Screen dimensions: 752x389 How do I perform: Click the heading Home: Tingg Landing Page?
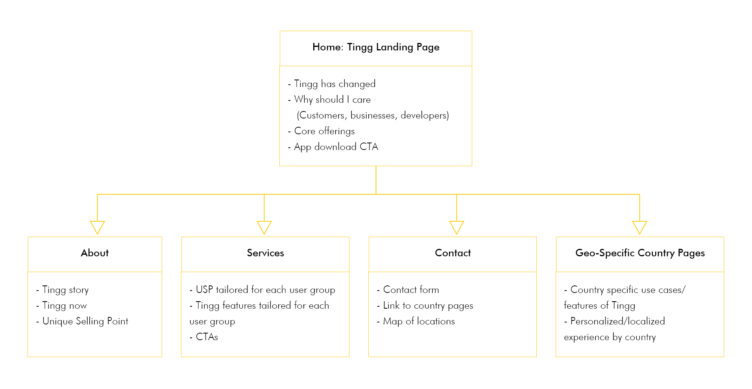tap(376, 47)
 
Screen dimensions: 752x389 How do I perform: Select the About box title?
tap(95, 253)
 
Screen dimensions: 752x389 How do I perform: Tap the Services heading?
tap(265, 253)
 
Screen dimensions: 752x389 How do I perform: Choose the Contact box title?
tap(453, 253)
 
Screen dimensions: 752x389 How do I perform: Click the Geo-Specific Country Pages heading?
tap(640, 253)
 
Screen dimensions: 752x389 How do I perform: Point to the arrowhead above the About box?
tap(97, 227)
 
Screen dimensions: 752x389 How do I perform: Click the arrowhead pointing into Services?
tap(264, 227)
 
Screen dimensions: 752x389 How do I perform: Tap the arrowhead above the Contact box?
tap(456, 227)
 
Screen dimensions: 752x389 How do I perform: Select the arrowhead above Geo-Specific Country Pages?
tap(639, 227)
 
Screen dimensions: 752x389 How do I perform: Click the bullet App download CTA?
tap(333, 147)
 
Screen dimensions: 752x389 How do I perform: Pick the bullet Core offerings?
tap(321, 131)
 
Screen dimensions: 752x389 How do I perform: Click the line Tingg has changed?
tap(332, 84)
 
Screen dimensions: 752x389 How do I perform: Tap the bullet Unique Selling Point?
tap(82, 321)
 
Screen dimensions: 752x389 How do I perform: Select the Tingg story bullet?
tap(62, 290)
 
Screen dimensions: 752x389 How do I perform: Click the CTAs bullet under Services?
tap(204, 337)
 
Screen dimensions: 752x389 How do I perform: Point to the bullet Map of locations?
tap(416, 321)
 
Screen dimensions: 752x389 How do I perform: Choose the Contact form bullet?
tap(408, 290)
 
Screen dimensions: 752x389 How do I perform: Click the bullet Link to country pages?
tap(425, 306)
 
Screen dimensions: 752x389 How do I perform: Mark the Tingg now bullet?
tap(61, 306)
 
